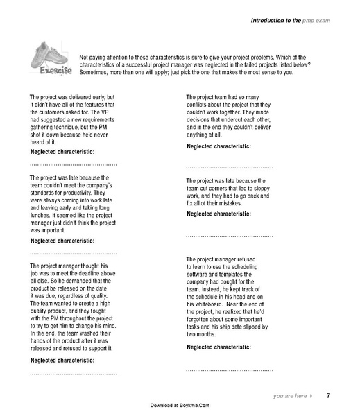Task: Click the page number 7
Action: (328, 395)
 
